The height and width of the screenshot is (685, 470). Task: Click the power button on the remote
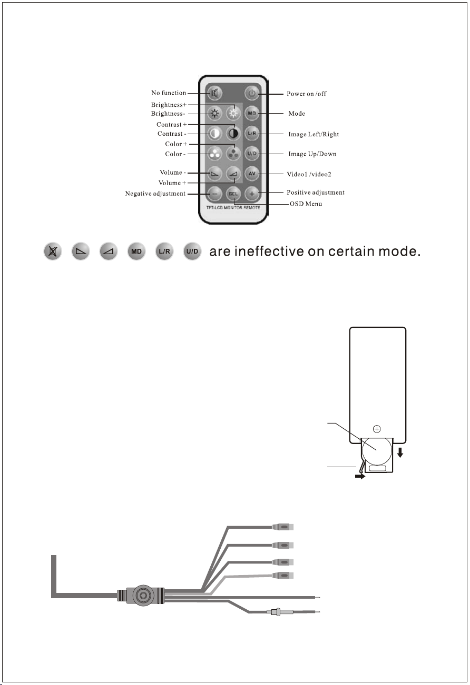click(252, 93)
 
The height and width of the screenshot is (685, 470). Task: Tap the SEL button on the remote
click(233, 194)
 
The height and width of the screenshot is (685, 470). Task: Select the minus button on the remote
click(214, 194)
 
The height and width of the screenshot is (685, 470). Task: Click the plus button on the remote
click(252, 194)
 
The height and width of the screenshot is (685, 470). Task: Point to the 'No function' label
click(169, 93)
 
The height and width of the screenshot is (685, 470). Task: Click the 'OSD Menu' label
click(306, 204)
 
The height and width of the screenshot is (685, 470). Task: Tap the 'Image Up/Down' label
click(312, 154)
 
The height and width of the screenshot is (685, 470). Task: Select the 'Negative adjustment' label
click(155, 194)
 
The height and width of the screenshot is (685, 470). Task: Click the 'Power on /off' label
click(307, 94)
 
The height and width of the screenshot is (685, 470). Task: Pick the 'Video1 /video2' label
click(309, 174)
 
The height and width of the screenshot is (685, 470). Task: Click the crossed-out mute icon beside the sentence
click(53, 251)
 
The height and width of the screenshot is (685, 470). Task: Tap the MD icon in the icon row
click(136, 251)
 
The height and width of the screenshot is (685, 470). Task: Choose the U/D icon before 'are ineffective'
click(192, 251)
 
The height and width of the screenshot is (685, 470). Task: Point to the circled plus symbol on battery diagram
click(377, 429)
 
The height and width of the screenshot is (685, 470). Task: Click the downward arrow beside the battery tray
click(400, 452)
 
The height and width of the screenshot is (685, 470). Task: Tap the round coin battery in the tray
click(376, 450)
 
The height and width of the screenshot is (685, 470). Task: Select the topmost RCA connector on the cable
click(283, 527)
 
